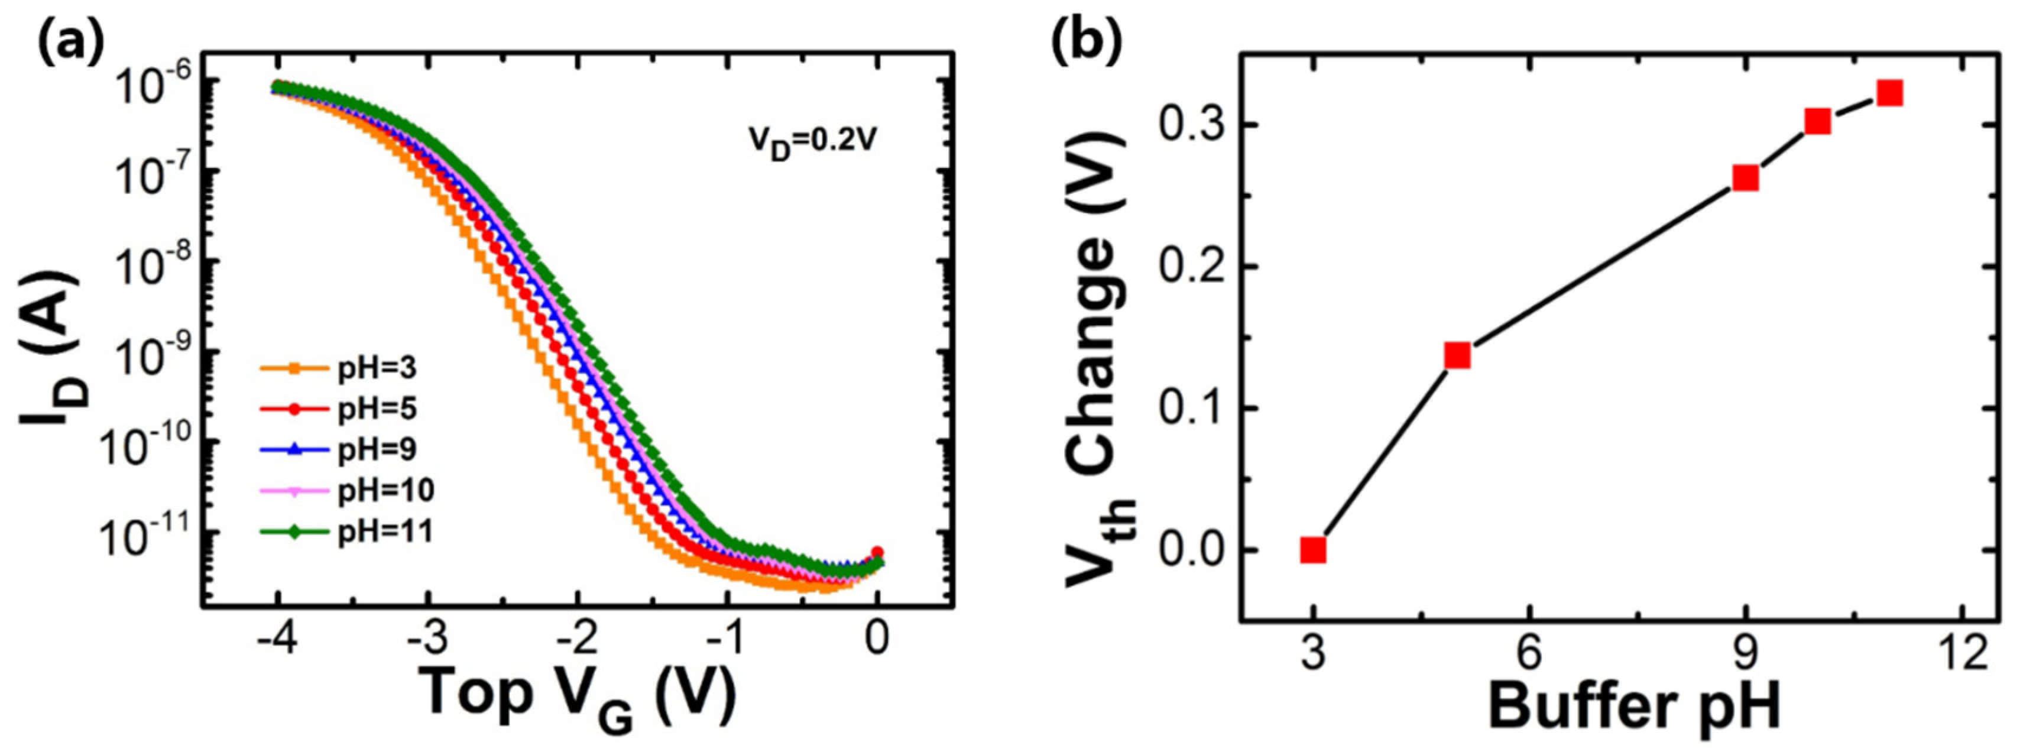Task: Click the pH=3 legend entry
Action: pyautogui.click(x=346, y=368)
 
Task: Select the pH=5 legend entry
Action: pyautogui.click(x=346, y=409)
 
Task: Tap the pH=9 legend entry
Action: pyautogui.click(x=346, y=449)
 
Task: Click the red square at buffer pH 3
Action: pyautogui.click(x=1313, y=551)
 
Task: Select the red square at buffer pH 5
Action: pyautogui.click(x=1458, y=356)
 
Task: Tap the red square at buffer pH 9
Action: pyautogui.click(x=1746, y=179)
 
